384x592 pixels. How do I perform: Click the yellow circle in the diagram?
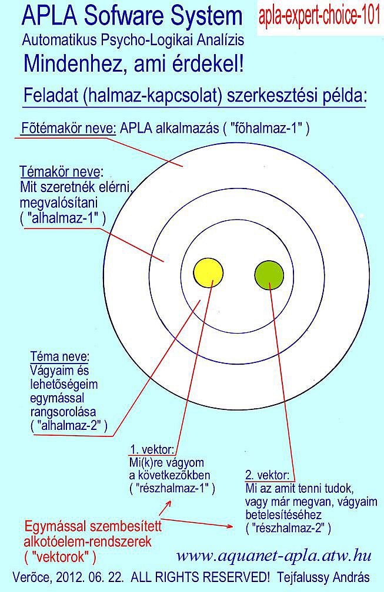(x=208, y=273)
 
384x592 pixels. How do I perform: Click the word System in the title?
(x=206, y=16)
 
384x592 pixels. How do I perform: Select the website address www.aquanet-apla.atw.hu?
(x=273, y=556)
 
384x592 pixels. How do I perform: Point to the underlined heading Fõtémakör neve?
(x=69, y=129)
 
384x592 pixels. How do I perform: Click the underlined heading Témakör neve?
(x=60, y=171)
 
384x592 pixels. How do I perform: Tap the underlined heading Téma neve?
(x=60, y=356)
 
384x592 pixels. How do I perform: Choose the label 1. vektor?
(x=152, y=449)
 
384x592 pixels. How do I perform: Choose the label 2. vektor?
(x=267, y=475)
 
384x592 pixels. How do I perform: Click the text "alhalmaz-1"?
(x=63, y=218)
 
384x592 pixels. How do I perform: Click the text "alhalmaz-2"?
(x=69, y=425)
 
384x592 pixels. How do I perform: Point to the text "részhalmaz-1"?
(x=172, y=488)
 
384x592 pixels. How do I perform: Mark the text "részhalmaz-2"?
(x=288, y=528)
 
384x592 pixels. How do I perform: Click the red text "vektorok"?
(x=60, y=557)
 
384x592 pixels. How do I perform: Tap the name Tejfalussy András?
(x=323, y=577)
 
